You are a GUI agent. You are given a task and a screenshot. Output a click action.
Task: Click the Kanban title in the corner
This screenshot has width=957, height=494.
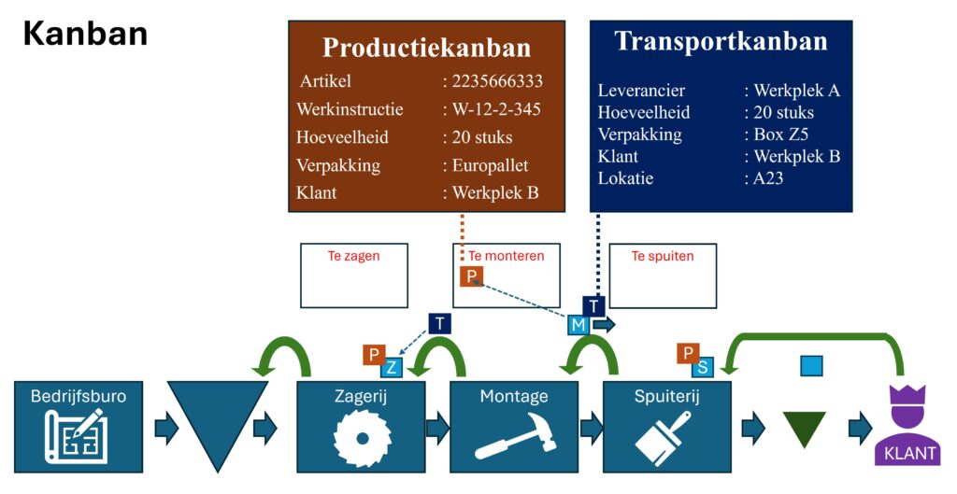(x=85, y=33)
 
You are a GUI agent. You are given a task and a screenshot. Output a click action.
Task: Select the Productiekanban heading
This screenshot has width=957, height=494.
(x=426, y=49)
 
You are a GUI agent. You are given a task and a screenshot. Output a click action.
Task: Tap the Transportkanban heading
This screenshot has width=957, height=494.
(x=721, y=42)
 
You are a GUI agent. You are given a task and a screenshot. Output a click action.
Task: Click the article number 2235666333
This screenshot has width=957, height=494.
(x=496, y=81)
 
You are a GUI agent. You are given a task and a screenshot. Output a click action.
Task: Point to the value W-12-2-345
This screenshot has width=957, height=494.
(x=496, y=109)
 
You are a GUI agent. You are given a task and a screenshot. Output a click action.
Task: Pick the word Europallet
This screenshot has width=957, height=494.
(x=490, y=165)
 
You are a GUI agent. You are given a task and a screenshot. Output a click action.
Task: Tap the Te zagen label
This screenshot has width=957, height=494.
(x=354, y=256)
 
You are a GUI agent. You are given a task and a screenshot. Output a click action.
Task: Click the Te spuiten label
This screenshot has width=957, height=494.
(x=663, y=256)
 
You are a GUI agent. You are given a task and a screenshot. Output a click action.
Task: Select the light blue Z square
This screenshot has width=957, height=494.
(x=392, y=367)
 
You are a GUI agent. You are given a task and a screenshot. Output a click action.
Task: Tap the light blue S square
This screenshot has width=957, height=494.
(x=702, y=366)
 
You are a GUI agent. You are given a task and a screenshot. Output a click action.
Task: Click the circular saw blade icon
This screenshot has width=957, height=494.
(x=361, y=436)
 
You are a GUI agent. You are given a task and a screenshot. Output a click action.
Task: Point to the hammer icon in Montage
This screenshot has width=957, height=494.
(x=513, y=436)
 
